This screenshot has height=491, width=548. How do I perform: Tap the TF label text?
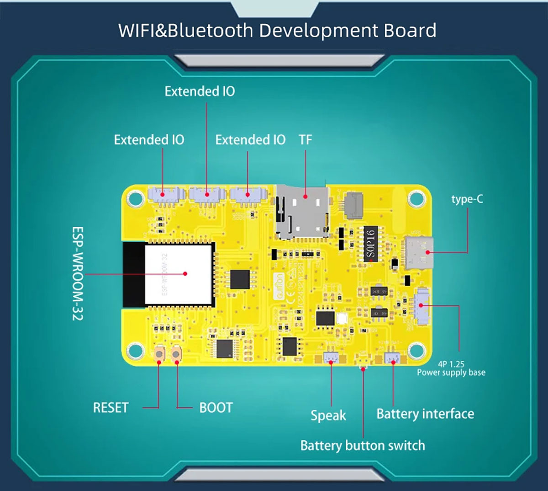305,139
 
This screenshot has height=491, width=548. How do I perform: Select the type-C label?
467,199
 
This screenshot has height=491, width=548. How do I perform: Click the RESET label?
111,407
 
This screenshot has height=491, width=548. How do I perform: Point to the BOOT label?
216,407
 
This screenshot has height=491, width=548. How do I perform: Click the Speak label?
328,415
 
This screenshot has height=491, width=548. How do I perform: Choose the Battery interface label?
425,414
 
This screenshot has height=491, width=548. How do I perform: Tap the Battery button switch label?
363,445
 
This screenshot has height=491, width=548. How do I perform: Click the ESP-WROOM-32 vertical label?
78,273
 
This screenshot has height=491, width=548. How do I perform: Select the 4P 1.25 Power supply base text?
451,368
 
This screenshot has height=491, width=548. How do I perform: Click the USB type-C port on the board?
419,252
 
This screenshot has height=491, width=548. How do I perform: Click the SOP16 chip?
371,244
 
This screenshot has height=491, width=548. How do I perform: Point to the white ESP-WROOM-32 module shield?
179,274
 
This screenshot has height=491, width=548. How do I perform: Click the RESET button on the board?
159,354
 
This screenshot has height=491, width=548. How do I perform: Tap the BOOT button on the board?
176,354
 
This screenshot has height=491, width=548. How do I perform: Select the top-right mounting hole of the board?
416,199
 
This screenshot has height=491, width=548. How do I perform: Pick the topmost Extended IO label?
200,91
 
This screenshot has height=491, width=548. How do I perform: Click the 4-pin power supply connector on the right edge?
422,306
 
